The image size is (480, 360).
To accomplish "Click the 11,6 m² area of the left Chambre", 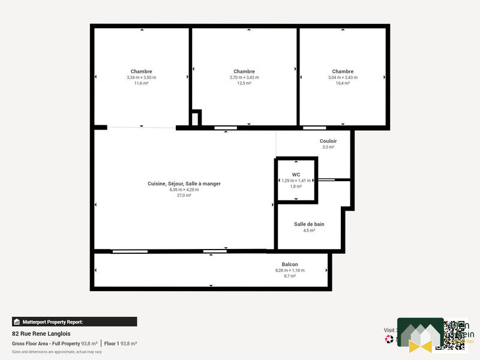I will pos(141,83).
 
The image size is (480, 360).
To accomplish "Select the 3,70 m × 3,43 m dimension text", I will pos(244,77).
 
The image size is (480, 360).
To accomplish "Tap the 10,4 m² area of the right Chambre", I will pos(343,83).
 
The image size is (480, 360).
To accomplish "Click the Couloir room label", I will pos(328,141).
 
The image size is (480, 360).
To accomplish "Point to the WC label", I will pos(296,175).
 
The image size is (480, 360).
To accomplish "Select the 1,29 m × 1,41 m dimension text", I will pos(296,181).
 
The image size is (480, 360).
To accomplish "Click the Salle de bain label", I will pos(309,224).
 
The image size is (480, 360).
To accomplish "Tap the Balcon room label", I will pos(290,265).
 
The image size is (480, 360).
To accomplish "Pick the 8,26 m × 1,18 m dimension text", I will pos(290,271).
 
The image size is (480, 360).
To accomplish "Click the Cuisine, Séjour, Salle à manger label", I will pos(184,184).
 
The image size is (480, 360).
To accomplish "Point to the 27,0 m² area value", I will pos(184,196).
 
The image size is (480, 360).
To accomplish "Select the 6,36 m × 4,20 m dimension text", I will pos(184,190).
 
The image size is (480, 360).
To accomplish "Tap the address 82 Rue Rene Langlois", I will pos(41,334).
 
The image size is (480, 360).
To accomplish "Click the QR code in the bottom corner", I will pos(455,334).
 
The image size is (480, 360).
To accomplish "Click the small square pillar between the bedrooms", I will pos(196,118).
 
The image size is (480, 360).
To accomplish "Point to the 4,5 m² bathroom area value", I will pos(309,230).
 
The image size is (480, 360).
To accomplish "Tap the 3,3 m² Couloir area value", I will pos(328,147).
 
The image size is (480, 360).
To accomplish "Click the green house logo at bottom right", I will pos(420,335).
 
